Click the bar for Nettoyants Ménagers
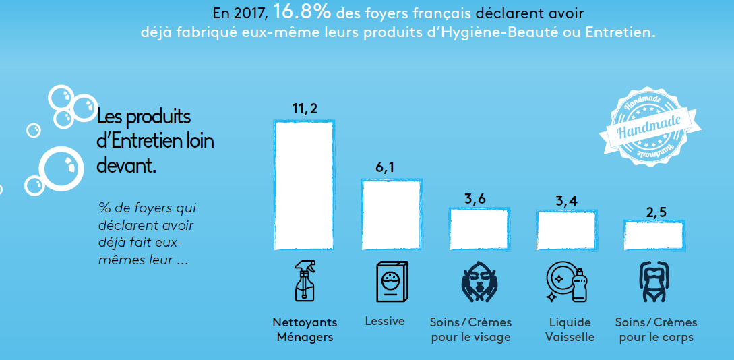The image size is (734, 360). (x=303, y=185)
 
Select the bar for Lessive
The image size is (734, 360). (x=391, y=214)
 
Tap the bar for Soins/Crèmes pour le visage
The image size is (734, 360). (x=479, y=229)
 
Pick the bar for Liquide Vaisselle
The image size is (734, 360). (x=566, y=230)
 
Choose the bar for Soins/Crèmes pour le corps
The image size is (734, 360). (x=654, y=235)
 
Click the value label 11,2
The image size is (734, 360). (x=305, y=109)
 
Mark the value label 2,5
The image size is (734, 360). (x=656, y=212)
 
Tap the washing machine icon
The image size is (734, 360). (x=392, y=281)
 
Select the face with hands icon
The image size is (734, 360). (x=479, y=281)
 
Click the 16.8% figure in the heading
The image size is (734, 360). (x=302, y=12)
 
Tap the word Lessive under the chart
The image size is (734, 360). (x=385, y=321)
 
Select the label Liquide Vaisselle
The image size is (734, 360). (x=570, y=330)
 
